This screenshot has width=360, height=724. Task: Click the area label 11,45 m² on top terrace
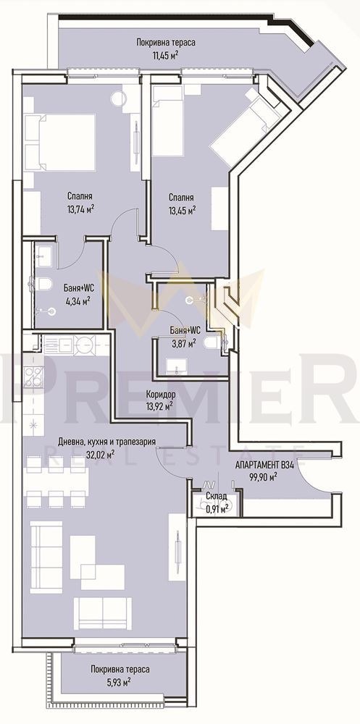(x=165, y=54)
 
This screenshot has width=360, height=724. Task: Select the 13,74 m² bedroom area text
(x=81, y=209)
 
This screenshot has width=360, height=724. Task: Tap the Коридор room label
(x=159, y=395)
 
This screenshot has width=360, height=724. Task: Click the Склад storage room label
(x=217, y=496)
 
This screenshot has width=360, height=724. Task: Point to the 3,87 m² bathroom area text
(x=182, y=344)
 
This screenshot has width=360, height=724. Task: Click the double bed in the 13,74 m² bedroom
(x=61, y=138)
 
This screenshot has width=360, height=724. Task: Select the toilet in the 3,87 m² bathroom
(x=211, y=342)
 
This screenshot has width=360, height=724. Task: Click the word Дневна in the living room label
(x=73, y=441)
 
